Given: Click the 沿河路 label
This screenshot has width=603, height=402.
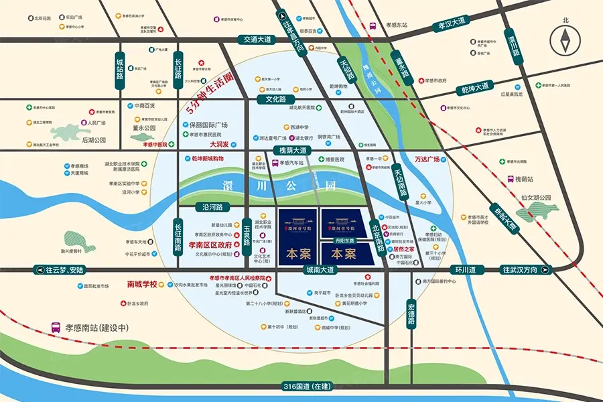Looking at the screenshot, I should [212, 207].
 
